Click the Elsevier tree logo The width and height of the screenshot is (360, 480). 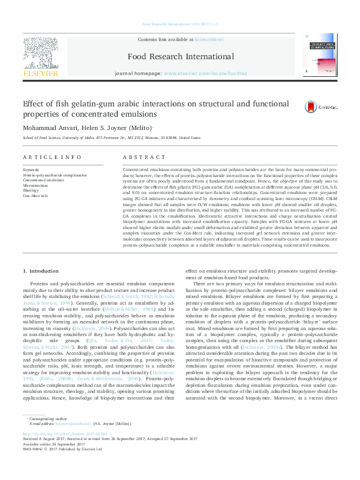[x=41, y=53]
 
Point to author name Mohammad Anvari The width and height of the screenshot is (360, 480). [x=49, y=128]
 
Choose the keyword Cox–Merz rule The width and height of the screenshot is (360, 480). [x=36, y=195]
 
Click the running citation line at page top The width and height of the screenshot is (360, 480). [x=180, y=24]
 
